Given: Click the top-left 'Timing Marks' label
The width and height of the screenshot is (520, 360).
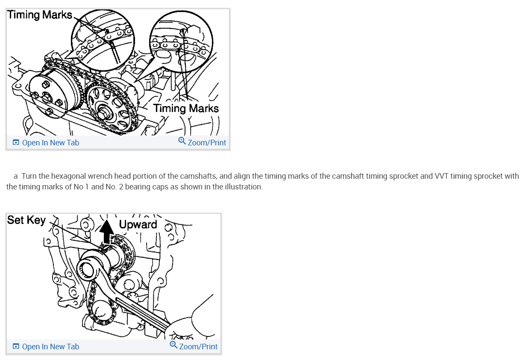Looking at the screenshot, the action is (x=40, y=15).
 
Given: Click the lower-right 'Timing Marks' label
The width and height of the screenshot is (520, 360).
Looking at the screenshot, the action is (x=186, y=109).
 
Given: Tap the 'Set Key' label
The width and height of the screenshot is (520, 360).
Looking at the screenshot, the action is (x=26, y=220).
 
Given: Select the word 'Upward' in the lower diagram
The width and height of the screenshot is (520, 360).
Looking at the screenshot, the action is (x=138, y=224).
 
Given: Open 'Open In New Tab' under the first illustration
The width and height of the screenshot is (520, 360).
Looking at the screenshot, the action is (x=50, y=143).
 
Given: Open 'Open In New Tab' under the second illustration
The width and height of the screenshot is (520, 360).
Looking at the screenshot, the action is (x=50, y=347).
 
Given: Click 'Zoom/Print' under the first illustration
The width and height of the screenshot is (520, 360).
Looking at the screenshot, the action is (x=207, y=143).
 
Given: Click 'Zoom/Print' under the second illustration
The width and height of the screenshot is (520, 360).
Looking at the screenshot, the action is (x=198, y=347).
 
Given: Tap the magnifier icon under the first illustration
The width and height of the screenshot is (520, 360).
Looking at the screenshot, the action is (x=182, y=142).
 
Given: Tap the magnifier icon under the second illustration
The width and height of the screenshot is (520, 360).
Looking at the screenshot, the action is (x=173, y=345).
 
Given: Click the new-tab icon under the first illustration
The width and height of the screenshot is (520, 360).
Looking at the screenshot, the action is (x=16, y=143).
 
